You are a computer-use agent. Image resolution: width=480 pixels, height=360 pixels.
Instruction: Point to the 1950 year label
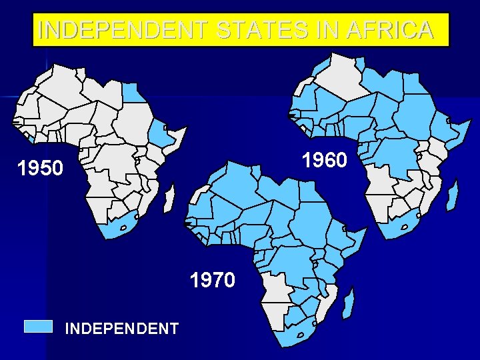point(41,168)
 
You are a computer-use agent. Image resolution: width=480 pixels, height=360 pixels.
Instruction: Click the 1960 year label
point(324,161)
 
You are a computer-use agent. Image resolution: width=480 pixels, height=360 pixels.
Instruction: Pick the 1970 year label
point(213,280)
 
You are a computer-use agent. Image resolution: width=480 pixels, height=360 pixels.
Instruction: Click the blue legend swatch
point(38,326)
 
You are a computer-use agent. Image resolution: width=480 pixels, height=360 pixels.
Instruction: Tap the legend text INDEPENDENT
point(121,329)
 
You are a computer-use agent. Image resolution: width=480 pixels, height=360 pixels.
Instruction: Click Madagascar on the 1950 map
point(169,198)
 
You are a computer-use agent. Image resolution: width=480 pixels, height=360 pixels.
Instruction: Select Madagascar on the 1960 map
point(453,193)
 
